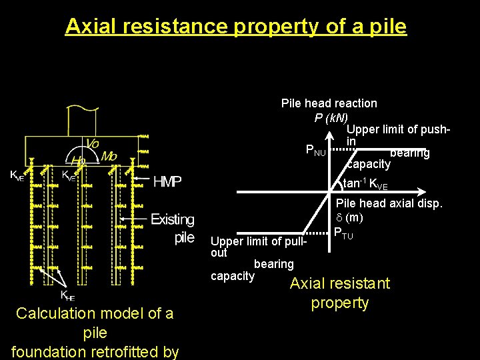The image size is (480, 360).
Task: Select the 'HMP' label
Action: click(x=167, y=181)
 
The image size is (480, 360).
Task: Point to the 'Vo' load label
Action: click(x=93, y=144)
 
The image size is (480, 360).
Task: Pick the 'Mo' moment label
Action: click(x=109, y=156)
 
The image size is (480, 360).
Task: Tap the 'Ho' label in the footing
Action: click(x=78, y=162)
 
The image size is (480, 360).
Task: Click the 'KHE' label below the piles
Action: click(x=67, y=295)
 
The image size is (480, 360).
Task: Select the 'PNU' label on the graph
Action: click(x=315, y=151)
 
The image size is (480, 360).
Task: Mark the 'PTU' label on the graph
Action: click(x=344, y=234)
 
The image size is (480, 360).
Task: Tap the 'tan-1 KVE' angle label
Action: click(x=365, y=184)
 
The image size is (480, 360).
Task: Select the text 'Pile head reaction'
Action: click(x=329, y=103)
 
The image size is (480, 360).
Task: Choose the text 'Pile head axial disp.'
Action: click(x=389, y=203)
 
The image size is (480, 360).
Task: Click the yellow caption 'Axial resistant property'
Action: click(x=339, y=293)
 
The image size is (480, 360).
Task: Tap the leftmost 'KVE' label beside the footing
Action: click(x=17, y=176)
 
